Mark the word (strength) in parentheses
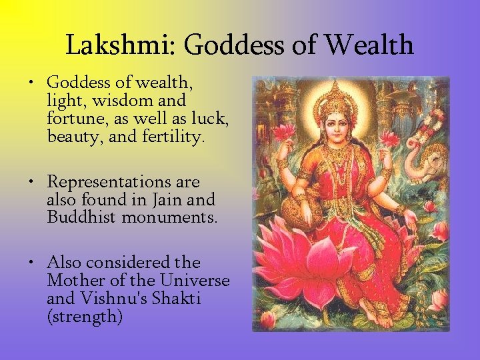pos(85,317)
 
